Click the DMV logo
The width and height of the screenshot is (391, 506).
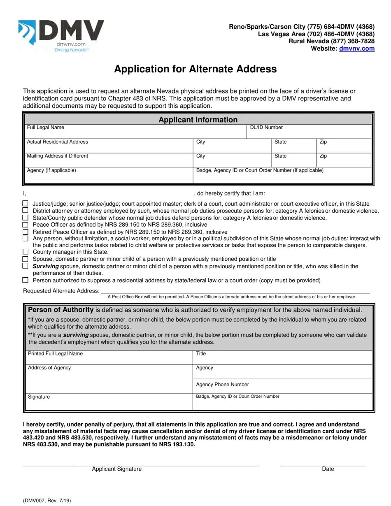click(62, 36)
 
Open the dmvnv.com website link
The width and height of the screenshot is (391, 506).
click(356, 49)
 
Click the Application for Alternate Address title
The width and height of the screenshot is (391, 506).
click(195, 69)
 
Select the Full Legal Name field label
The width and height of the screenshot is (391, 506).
click(46, 128)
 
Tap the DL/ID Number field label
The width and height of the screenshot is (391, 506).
click(266, 128)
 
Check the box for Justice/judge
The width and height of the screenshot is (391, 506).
click(26, 204)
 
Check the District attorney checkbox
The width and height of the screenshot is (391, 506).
click(26, 211)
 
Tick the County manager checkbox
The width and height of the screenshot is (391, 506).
click(26, 252)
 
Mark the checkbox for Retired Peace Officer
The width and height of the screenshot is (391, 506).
click(26, 232)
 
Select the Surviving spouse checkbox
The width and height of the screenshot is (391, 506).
click(26, 266)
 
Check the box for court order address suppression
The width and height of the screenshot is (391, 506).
click(26, 280)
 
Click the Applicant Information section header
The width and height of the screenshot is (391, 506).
click(198, 120)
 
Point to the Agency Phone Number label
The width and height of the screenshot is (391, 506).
click(222, 385)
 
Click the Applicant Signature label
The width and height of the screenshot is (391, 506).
click(116, 469)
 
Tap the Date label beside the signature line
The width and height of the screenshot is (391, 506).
click(328, 469)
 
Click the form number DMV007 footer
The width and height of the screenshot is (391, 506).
click(47, 501)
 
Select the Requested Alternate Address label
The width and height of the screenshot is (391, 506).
click(61, 291)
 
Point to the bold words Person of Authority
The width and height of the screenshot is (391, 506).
click(61, 310)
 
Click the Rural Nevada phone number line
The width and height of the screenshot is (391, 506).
click(331, 41)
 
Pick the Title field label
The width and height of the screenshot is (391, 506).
click(201, 354)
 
